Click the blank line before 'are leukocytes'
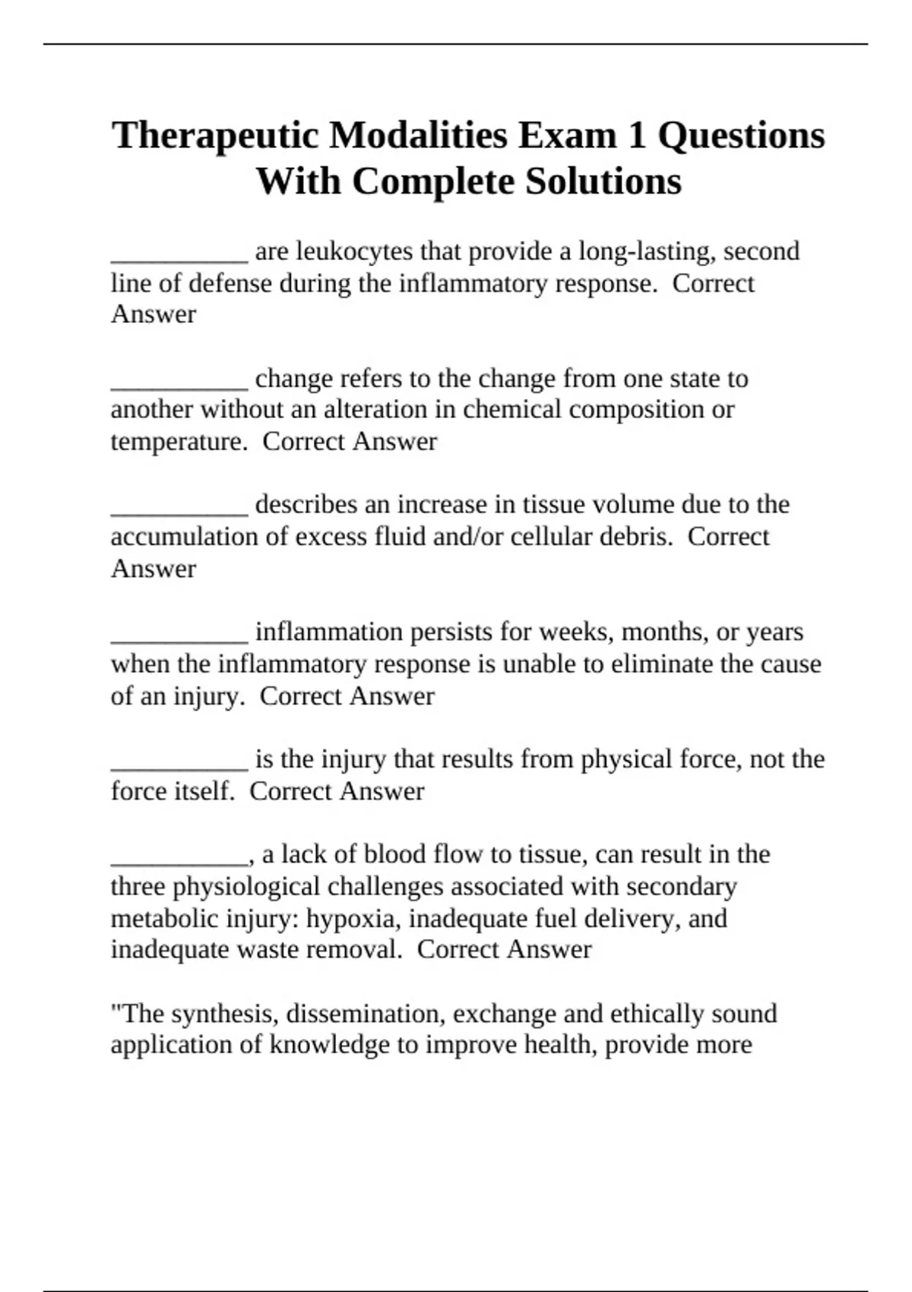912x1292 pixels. click(x=179, y=257)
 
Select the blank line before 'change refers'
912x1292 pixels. click(x=179, y=384)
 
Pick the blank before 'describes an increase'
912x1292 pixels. click(x=179, y=511)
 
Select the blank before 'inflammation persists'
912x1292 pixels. click(x=179, y=638)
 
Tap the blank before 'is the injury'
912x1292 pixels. click(x=179, y=765)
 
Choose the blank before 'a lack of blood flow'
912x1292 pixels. click(x=179, y=860)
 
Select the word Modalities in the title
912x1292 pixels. click(x=419, y=135)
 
